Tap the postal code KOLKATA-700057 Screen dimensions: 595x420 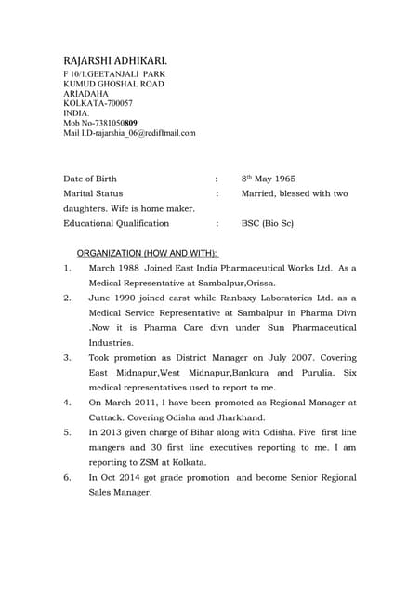coord(98,102)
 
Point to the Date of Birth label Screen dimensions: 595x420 coord(90,178)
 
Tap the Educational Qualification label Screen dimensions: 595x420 coord(116,223)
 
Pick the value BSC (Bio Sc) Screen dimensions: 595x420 coord(268,223)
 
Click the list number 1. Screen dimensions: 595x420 coord(67,268)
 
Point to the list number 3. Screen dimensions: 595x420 coord(67,357)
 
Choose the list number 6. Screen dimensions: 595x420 coord(67,477)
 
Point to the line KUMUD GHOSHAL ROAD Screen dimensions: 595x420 coord(113,83)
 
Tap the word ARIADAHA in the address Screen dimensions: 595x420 coord(86,93)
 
